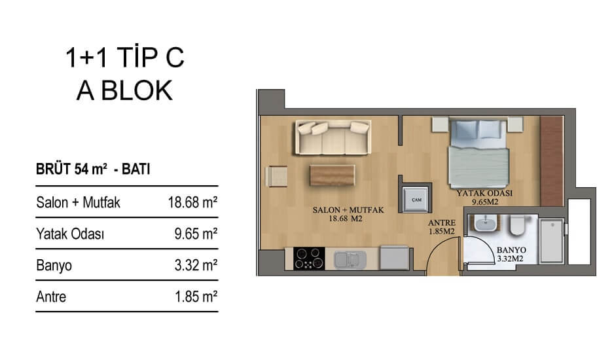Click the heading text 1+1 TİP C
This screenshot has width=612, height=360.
pos(124,58)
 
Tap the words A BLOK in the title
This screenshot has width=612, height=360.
pos(124,90)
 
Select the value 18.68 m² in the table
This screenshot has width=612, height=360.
pos(192,202)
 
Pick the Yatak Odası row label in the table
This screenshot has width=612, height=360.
pos(70,234)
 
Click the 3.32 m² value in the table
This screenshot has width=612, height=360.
pos(196,265)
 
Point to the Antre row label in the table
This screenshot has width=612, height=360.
pos(51,297)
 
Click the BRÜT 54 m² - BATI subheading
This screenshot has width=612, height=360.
pos(93,169)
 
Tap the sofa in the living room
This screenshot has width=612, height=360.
pos(333,137)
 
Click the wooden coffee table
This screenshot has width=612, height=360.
pos(332,175)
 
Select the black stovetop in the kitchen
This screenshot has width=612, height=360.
pos(309,259)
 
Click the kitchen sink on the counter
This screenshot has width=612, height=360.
pos(350,260)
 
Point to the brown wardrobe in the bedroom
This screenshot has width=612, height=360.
pos(552,160)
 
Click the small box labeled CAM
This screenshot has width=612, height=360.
pos(416,200)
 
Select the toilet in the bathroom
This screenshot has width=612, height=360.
pos(518,225)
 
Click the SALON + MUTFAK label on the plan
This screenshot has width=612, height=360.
pos(348,210)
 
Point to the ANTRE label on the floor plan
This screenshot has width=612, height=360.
pos(441,223)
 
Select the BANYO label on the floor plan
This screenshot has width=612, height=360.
pos(511,250)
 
